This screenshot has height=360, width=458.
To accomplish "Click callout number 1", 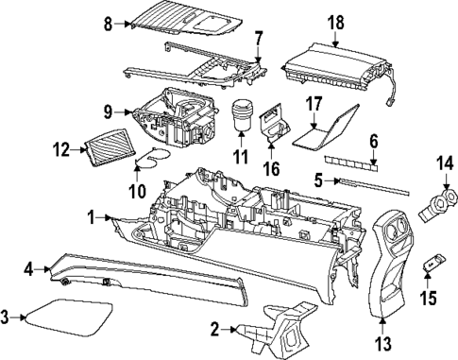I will [93, 217].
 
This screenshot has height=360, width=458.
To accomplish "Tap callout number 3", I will [8, 317].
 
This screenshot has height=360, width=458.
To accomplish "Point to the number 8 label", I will [108, 22].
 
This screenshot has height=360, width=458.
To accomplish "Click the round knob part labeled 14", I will [438, 201].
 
